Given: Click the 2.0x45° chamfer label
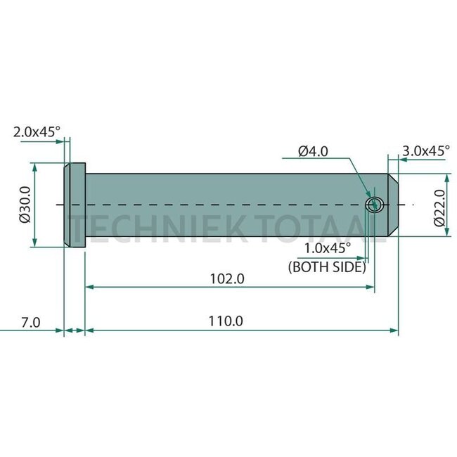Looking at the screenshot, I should pos(37,130).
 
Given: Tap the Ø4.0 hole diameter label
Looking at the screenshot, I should pos(313,150).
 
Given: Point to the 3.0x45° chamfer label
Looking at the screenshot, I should pos(426,150).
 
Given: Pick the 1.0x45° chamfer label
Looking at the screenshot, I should pos(328,247).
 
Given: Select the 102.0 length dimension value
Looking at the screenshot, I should pos(228,278).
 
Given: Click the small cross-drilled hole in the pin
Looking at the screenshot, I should pos(374,205).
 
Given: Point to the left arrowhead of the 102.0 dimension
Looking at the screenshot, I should pos(89,287).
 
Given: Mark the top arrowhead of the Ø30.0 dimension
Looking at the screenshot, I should pos(33,167).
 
